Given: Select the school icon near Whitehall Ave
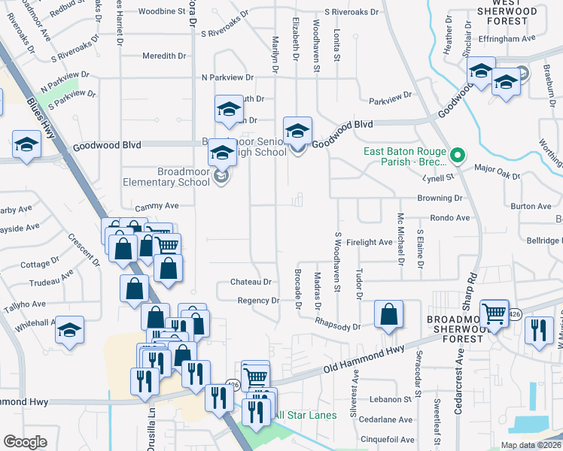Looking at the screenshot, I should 70,331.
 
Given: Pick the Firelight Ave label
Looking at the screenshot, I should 370,242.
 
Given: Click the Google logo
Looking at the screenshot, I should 26,441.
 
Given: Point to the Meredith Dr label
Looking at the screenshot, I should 164,56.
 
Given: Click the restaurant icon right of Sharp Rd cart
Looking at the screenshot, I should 539,331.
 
